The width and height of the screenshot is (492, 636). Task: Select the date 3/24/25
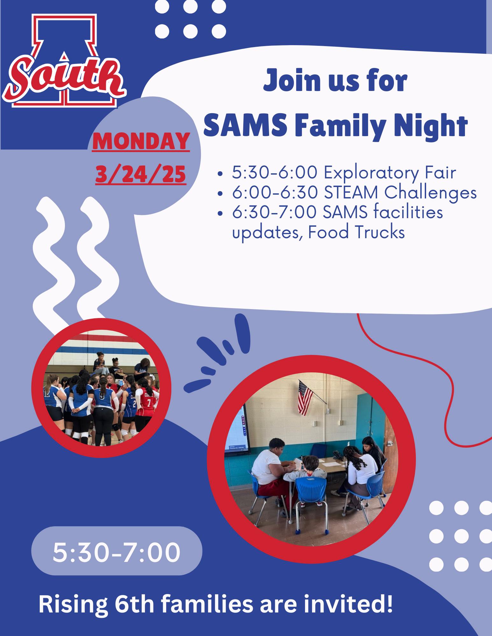141,174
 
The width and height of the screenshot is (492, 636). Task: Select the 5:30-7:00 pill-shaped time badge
117,552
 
